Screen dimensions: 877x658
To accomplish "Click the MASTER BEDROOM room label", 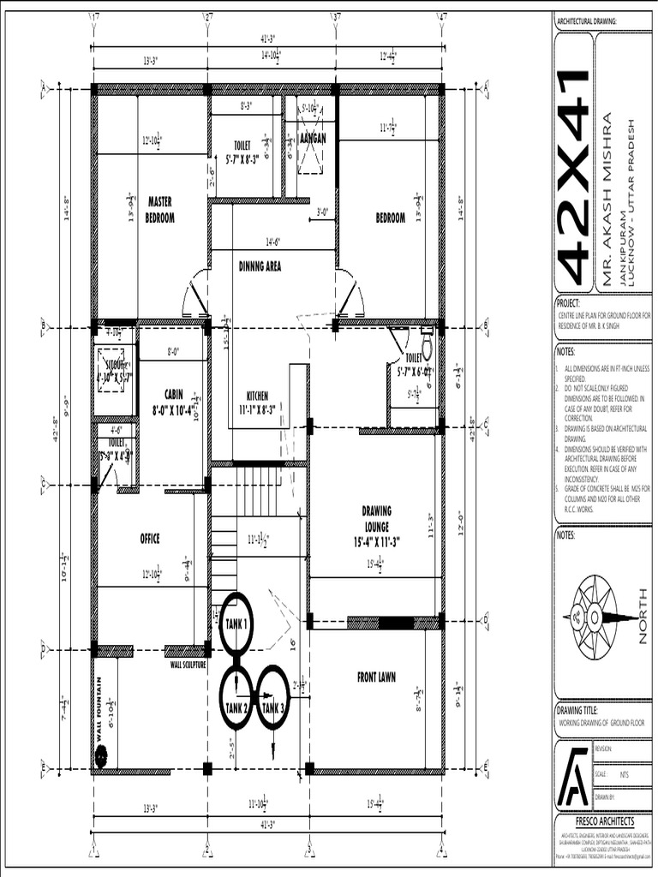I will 160,210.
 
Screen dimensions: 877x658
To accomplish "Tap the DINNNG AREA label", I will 260,266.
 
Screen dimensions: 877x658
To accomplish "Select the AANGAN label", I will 313,138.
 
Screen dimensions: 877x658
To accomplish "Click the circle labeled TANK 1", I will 236,623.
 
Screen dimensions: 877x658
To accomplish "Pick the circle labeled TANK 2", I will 236,697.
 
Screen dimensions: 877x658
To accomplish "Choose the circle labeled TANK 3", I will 272,697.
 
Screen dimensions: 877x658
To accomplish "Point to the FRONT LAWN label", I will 376,677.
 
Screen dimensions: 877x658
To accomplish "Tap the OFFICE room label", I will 150,539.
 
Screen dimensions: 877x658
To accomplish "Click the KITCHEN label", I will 258,402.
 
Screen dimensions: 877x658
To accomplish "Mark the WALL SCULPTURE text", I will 188,664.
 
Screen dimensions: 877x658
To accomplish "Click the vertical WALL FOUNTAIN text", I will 99,709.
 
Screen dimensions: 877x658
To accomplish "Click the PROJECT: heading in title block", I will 568,303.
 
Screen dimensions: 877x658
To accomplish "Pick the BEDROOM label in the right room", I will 390,218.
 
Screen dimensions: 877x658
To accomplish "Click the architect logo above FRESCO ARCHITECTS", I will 572,776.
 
